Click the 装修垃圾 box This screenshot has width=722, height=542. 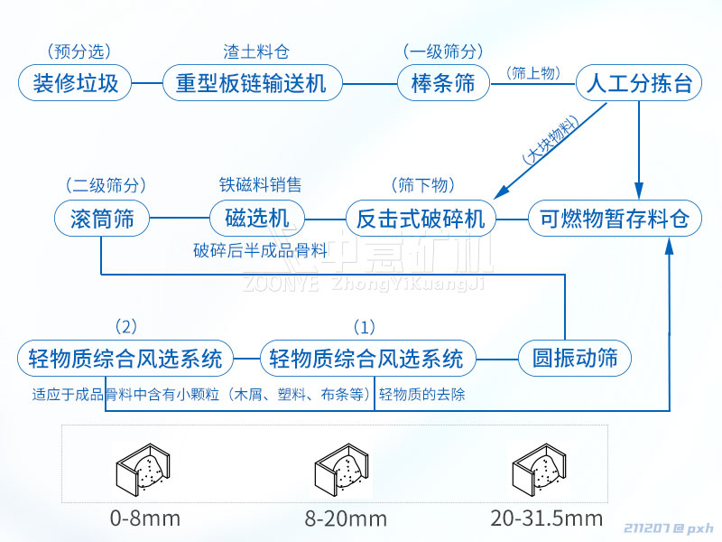(76, 84)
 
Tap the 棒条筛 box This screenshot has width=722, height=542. (442, 84)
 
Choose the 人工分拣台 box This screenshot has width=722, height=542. (639, 84)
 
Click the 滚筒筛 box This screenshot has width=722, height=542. (99, 219)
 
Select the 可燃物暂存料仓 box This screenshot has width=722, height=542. (614, 219)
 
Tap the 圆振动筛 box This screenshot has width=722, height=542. (575, 358)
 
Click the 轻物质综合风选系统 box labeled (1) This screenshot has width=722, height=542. (367, 358)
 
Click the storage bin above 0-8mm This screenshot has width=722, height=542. (144, 470)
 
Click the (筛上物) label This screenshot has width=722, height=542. (532, 72)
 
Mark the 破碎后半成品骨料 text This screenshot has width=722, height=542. (260, 250)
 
